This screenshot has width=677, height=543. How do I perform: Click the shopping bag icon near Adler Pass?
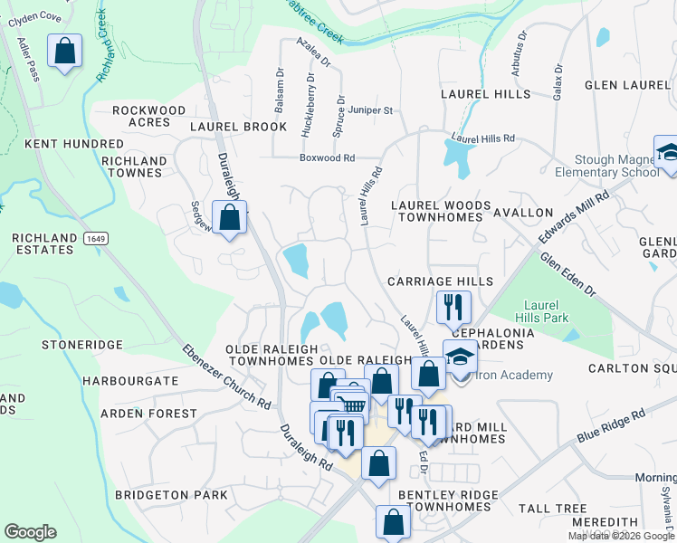point(65,52)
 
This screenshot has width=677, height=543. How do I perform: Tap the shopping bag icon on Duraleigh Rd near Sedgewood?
point(230,218)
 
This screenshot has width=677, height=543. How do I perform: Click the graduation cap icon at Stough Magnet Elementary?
point(668,153)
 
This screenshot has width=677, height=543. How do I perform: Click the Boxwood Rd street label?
point(327,157)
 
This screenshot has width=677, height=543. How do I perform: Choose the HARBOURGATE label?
point(130,381)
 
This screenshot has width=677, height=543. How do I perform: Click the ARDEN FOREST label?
point(148,414)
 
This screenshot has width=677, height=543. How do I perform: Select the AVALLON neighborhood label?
point(523,212)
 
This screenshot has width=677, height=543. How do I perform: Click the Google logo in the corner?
point(30,532)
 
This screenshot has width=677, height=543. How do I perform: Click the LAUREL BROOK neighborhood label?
point(238,127)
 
